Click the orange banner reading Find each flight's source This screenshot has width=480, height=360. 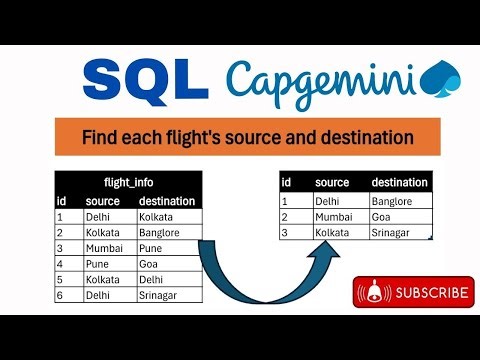coord(247,135)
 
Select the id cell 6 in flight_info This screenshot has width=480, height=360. coord(61,296)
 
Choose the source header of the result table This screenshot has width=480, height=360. coord(332,183)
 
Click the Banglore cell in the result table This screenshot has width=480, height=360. coord(395,201)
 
